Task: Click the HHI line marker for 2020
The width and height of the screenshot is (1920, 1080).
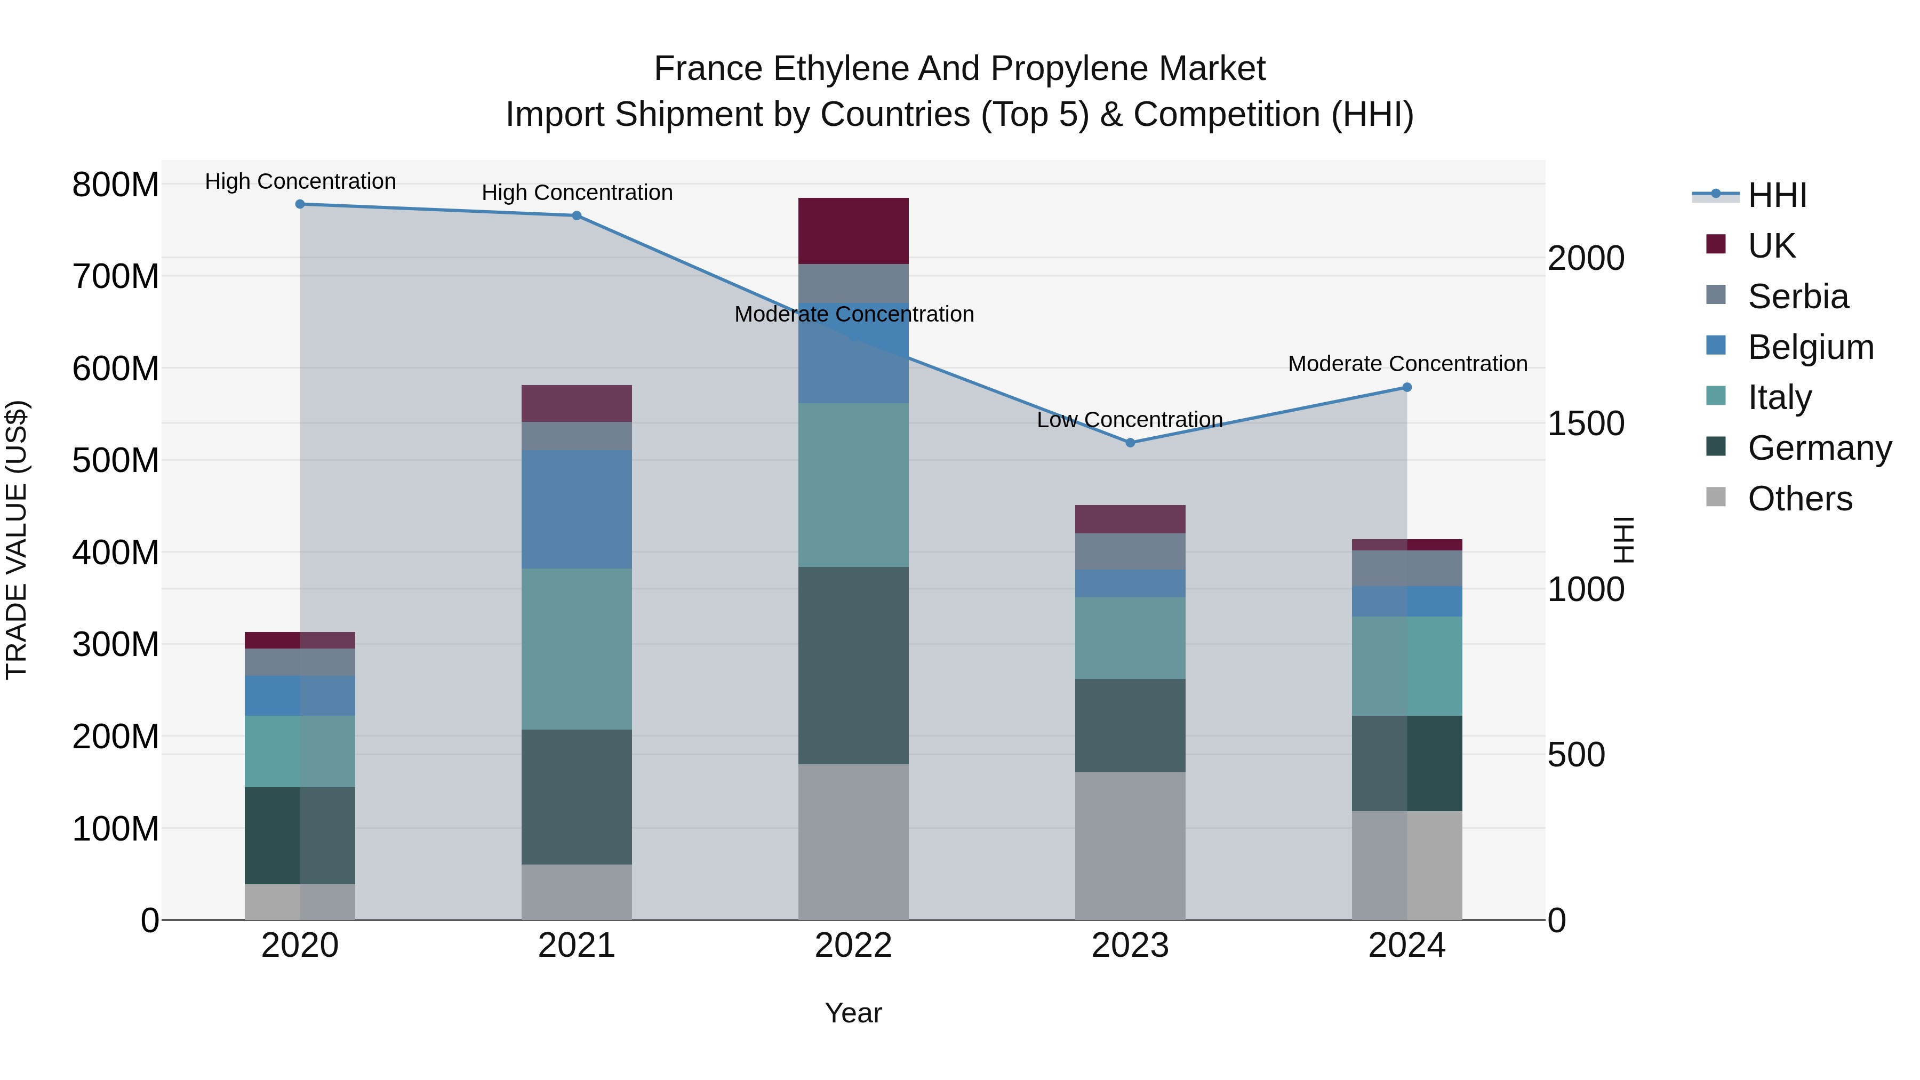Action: point(300,204)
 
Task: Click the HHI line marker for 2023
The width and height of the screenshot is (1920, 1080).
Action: point(1130,443)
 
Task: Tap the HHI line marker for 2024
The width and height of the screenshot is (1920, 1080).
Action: point(1406,388)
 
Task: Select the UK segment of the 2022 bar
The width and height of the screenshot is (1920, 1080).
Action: point(853,231)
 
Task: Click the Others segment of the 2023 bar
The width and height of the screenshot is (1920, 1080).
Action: point(1130,846)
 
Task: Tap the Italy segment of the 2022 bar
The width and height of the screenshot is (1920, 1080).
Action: point(853,485)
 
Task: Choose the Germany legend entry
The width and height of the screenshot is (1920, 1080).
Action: point(1819,448)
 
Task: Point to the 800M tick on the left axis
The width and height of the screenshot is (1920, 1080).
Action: point(116,184)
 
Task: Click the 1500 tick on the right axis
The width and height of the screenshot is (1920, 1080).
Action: point(1586,423)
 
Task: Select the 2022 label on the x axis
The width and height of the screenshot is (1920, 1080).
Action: point(853,946)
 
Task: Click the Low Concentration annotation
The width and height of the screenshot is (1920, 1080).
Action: point(1130,420)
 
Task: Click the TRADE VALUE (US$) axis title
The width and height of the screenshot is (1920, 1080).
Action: point(17,540)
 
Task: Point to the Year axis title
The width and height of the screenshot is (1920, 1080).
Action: point(853,1013)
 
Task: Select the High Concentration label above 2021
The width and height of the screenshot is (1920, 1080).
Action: point(577,193)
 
